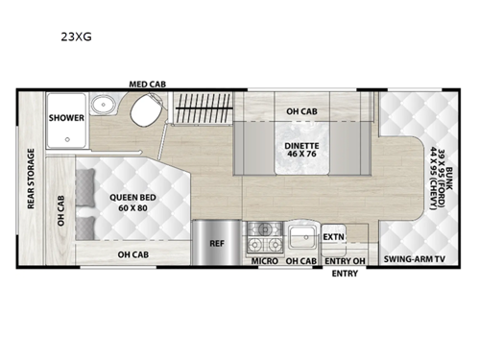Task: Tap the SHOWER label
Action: [66, 118]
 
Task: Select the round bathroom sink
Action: [102, 107]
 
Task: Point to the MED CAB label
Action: [149, 84]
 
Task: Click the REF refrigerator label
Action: [217, 244]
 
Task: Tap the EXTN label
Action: [333, 236]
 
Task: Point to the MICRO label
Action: [265, 260]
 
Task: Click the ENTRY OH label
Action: [346, 260]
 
